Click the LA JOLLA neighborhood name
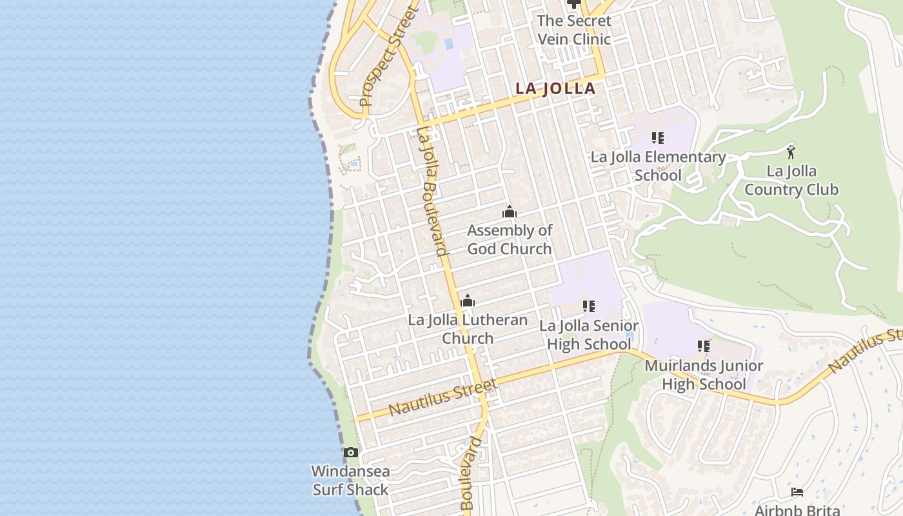[x=555, y=88]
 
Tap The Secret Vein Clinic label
[x=573, y=30]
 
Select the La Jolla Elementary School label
[x=658, y=166]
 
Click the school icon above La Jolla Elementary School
[x=658, y=137]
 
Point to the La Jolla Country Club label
[x=791, y=180]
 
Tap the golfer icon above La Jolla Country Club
[x=791, y=152]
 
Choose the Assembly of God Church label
[x=510, y=239]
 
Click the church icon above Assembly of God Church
[x=510, y=212]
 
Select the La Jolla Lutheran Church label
[x=468, y=329]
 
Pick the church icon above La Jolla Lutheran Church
[x=468, y=301]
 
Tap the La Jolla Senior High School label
[x=589, y=335]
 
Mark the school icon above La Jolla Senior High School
[x=588, y=306]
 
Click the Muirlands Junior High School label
[x=704, y=375]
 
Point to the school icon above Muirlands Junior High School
[x=704, y=346]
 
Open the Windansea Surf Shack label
[x=350, y=481]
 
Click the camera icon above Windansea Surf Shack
[x=350, y=452]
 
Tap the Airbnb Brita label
[x=797, y=509]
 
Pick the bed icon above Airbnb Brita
[x=797, y=492]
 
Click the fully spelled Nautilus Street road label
[x=443, y=398]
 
